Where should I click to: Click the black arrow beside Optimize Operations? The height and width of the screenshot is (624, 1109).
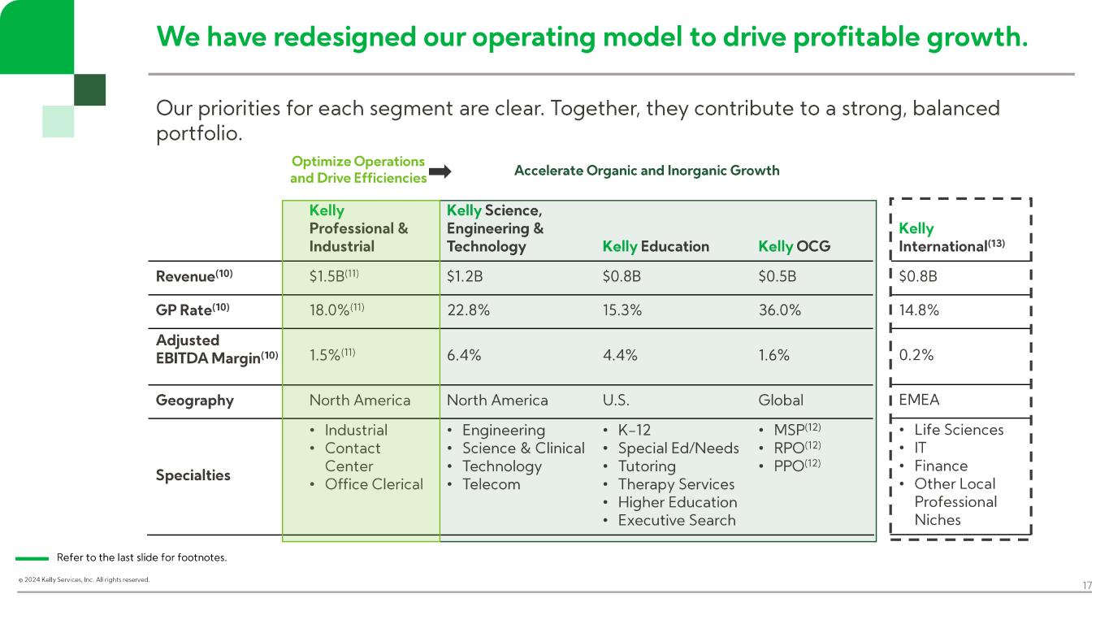click(440, 171)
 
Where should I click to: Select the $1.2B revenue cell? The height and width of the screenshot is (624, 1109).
click(465, 276)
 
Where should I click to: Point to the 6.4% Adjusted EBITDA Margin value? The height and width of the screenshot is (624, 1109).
click(463, 355)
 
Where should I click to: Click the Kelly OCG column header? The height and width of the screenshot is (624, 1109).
click(794, 246)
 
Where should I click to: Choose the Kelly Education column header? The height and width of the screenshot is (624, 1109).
click(656, 246)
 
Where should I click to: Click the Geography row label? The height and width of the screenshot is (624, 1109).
click(194, 401)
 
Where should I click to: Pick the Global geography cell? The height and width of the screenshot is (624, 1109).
click(780, 401)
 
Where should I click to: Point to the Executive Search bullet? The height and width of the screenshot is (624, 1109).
click(676, 521)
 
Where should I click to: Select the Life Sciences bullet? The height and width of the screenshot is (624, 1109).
click(959, 430)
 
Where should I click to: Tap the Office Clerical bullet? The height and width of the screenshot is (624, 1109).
click(374, 484)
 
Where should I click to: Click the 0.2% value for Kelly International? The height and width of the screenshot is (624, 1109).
click(916, 355)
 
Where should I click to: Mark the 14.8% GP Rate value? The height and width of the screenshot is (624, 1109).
click(919, 310)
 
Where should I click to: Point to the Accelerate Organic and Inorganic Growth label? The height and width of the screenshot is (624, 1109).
click(647, 171)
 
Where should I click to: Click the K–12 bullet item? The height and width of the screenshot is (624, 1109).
click(634, 430)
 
